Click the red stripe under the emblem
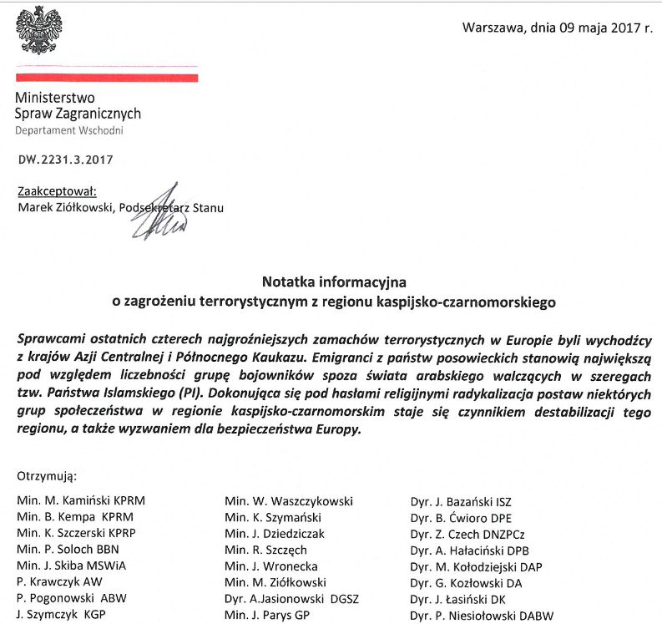106,77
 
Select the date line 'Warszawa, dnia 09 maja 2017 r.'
557,28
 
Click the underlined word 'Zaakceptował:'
57,191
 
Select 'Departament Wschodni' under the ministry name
69,131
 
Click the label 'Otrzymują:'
46,477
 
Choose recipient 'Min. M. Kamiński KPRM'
80,501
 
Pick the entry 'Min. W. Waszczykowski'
288,501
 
